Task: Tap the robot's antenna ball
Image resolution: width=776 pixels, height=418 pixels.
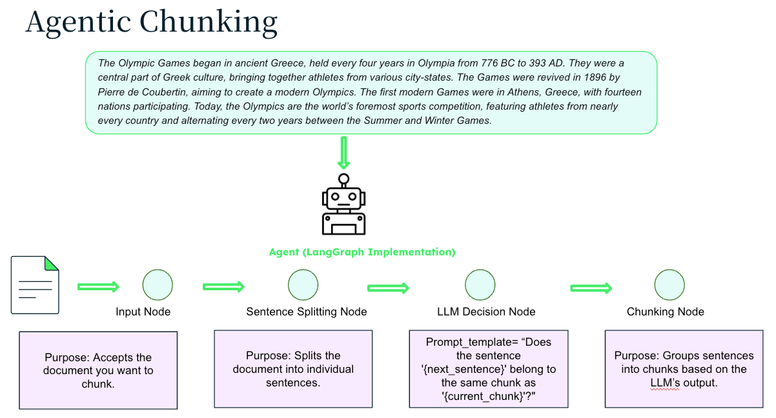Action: (343, 179)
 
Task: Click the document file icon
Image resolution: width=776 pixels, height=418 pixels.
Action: (35, 284)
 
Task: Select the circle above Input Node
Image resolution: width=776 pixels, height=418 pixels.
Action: (158, 284)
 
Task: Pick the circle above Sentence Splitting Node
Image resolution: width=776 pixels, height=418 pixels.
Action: (303, 284)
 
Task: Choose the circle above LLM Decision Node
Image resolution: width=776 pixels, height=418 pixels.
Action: (480, 284)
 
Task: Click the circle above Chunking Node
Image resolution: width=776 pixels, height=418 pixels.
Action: (669, 284)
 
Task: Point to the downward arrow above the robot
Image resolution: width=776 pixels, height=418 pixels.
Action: (343, 153)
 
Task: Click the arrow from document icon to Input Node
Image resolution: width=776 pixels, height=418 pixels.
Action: (98, 286)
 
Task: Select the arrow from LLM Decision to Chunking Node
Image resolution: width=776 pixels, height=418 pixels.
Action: (591, 287)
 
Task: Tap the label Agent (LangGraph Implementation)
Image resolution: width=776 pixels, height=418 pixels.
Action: (362, 252)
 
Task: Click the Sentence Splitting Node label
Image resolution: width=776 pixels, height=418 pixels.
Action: (306, 312)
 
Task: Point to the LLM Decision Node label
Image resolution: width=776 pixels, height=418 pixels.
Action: (486, 312)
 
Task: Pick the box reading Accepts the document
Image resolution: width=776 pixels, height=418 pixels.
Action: (98, 370)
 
